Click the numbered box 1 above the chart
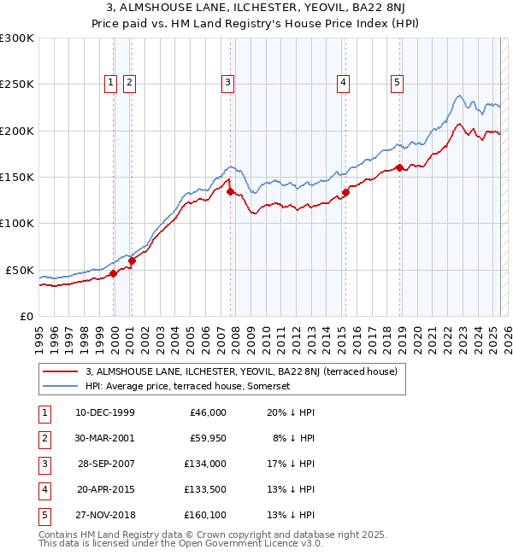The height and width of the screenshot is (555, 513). pos(111,83)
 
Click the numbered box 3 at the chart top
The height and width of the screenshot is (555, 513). pos(228,83)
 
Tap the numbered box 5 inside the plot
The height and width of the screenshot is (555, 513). pos(398,83)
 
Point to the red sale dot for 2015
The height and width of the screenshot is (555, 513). pos(345,192)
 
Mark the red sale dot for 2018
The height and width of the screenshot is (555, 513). pos(399,167)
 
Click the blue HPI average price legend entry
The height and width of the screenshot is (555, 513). pos(188,386)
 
